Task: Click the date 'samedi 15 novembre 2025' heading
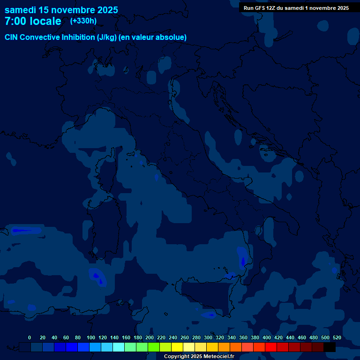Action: point(61,10)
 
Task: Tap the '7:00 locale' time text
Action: point(33,21)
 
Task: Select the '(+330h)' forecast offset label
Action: point(83,21)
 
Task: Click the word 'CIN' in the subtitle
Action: point(12,37)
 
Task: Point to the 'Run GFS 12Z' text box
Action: point(296,8)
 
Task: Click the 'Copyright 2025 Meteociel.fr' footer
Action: point(199,357)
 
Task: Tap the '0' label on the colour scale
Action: point(30,337)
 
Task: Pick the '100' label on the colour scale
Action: point(91,337)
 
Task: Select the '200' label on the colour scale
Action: point(150,337)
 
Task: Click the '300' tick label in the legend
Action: point(208,337)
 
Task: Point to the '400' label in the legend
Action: point(267,337)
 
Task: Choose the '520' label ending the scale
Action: point(337,337)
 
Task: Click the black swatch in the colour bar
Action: point(330,347)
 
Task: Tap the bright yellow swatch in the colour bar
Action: point(177,347)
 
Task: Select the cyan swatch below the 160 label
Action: point(119,347)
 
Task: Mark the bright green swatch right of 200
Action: point(154,347)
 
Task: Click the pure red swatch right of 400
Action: point(271,347)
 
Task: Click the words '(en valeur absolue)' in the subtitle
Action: point(153,37)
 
